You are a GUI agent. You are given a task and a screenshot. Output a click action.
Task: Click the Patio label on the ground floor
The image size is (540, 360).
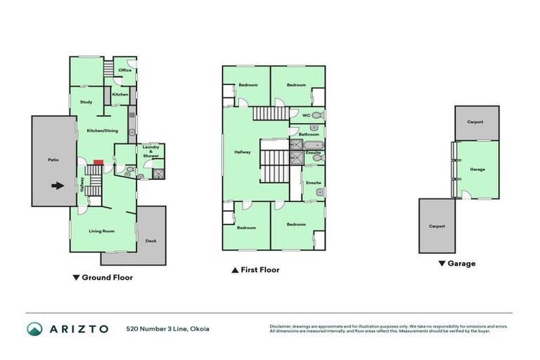tap(53, 160)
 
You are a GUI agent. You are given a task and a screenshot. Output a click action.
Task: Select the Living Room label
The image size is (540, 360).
tap(101, 231)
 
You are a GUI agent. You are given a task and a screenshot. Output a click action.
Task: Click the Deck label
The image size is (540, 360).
tap(150, 241)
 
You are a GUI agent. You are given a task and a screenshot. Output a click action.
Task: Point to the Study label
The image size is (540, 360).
tap(86, 102)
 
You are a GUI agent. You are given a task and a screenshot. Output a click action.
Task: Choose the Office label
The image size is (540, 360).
tap(125, 70)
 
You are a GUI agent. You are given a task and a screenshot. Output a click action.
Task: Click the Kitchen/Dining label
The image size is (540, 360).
tap(101, 131)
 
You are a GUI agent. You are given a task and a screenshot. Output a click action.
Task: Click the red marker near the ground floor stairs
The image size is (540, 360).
tap(98, 162)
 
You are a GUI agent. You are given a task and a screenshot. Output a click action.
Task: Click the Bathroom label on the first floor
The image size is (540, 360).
tap(309, 134)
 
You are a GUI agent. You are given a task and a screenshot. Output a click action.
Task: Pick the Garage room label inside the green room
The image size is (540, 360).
tap(477, 169)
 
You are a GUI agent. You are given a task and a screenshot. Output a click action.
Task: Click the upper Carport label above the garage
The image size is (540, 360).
tap(475, 122)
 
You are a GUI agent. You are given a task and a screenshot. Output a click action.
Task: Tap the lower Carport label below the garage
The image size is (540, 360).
tap(437, 226)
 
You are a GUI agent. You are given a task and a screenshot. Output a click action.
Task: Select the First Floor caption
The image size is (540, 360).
tap(259, 269)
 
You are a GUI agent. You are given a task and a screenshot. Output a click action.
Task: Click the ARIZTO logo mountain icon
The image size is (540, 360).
tap(34, 328)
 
